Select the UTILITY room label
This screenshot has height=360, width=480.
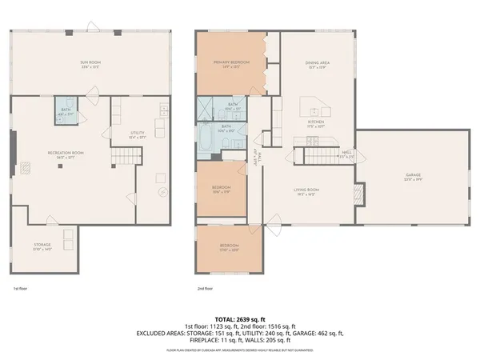coord(138,134)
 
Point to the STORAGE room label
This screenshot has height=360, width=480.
coord(42,246)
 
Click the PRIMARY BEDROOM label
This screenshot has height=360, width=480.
coord(231,63)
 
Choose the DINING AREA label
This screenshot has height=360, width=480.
coord(318,64)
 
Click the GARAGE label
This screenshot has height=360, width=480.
coord(412,176)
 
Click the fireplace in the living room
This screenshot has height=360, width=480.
coord(359,193)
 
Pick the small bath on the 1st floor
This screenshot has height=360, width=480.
coord(65,114)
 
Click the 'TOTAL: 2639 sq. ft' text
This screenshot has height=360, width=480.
coord(239,318)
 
